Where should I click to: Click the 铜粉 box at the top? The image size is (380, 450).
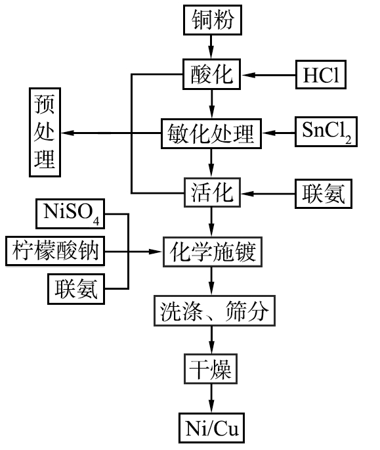coord(213,20)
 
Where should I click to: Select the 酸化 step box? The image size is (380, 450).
coord(211,74)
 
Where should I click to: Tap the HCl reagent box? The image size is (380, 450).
coord(321,75)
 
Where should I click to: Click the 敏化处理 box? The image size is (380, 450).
coord(211,133)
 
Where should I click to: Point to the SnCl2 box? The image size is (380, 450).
coord(326,132)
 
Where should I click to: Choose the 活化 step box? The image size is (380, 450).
coord(212,192)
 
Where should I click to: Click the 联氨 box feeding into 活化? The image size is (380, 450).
coord(324,194)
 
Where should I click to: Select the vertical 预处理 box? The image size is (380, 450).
coord(45,132)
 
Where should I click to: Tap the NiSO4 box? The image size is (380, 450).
coord(70,214)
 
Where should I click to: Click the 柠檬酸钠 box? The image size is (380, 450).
coord(55,251)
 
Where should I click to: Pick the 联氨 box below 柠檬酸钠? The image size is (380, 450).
coord(76,288)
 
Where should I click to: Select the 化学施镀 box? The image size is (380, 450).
coord(213,252)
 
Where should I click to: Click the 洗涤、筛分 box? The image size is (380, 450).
coord(215,311)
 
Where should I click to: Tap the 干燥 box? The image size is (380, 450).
coord(211,369)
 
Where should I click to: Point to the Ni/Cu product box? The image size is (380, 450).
coord(211,428)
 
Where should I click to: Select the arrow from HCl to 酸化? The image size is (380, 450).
coord(268,75)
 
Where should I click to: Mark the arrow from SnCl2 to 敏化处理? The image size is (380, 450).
coord(278,133)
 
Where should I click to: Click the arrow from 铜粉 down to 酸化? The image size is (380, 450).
coord(211,47)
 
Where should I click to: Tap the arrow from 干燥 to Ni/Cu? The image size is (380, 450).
coord(211,398)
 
